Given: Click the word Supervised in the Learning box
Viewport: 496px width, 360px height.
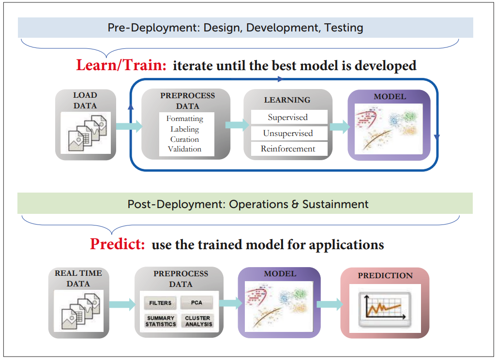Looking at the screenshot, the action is [x=287, y=118].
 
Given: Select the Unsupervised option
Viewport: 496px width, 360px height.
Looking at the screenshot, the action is [x=288, y=133].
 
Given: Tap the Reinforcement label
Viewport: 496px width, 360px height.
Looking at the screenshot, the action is [x=288, y=149].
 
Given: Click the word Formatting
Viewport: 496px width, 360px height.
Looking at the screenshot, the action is [x=185, y=119].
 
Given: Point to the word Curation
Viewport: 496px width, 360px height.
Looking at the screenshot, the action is [x=185, y=139].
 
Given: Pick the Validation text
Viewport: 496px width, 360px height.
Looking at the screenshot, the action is [x=185, y=149].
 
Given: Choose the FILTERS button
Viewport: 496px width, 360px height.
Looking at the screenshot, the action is [x=160, y=303].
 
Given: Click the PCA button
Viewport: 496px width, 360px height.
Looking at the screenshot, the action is [x=196, y=302].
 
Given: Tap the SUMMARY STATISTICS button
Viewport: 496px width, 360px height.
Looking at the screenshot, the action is [x=161, y=321].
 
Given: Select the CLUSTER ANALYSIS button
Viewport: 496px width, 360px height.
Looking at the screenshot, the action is [x=198, y=321].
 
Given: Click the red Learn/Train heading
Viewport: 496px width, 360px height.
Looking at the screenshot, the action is [x=121, y=65].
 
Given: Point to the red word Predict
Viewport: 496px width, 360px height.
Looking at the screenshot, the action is [x=118, y=244].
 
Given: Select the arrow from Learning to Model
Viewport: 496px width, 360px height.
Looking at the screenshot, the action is [x=340, y=127].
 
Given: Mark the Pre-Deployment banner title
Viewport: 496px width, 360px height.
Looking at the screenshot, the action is [x=235, y=28].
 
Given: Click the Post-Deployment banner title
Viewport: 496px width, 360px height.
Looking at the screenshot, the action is [x=248, y=204].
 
